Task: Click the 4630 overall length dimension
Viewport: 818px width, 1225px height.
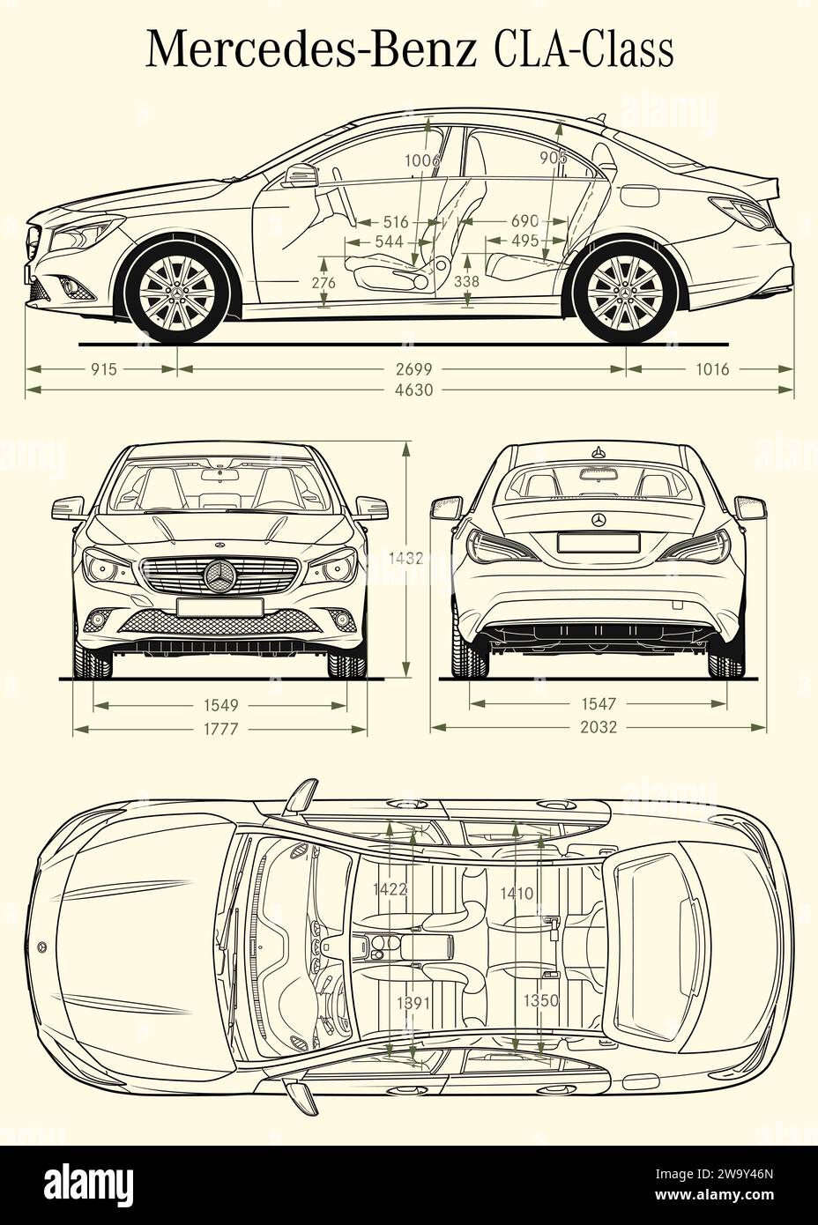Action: [413, 390]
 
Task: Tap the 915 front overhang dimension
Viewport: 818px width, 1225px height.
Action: [103, 369]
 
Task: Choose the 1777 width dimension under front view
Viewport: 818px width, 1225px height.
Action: [219, 729]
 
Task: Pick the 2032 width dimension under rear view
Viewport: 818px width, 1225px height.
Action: [599, 728]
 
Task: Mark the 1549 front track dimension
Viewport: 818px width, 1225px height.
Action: [219, 705]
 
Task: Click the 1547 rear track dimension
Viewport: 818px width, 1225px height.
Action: [599, 704]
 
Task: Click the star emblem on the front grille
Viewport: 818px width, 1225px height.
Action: [219, 577]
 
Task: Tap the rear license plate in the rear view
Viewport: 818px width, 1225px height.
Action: [599, 543]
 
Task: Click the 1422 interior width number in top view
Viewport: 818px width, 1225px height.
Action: [390, 888]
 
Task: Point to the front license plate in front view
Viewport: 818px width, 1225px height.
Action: [219, 606]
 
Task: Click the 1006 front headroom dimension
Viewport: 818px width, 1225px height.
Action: [422, 160]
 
